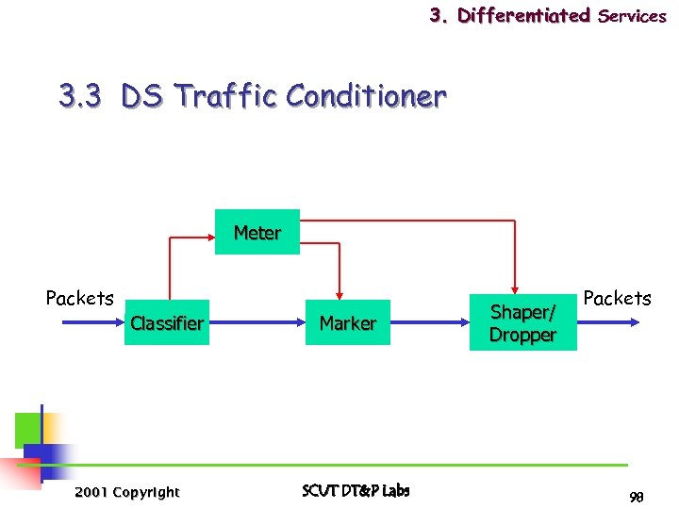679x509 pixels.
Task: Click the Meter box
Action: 257,232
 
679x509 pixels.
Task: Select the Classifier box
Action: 167,323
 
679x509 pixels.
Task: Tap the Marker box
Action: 347,323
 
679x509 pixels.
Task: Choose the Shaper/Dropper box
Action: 522,323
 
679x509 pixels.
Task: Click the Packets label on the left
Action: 79,298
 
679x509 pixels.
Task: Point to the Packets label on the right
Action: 617,298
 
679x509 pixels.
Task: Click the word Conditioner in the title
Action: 366,95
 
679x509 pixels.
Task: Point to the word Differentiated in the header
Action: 523,15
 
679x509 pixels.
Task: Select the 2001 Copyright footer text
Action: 126,492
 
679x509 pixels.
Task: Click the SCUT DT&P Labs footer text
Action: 356,490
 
